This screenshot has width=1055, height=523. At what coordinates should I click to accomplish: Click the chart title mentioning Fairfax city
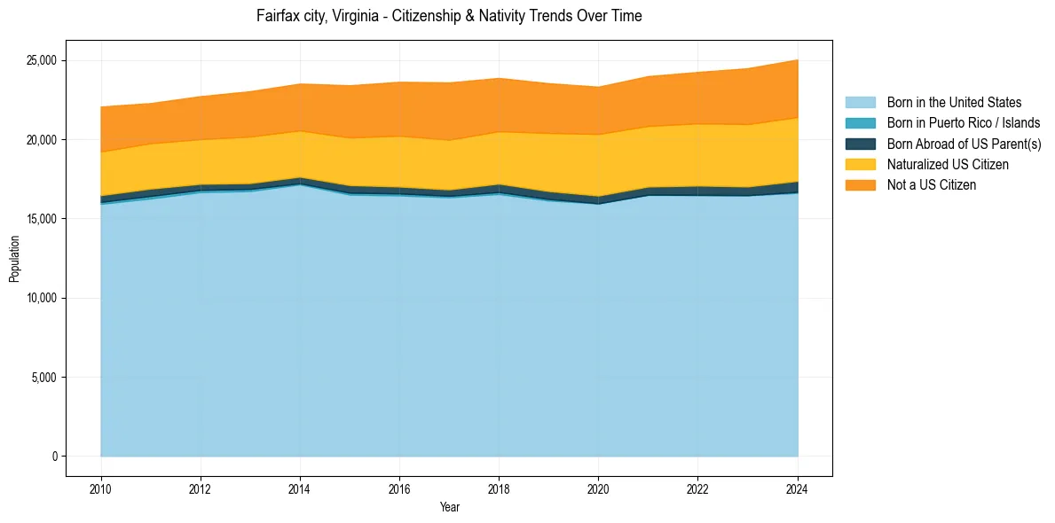pyautogui.click(x=449, y=16)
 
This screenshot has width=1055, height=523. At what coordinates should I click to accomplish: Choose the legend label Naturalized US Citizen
pyautogui.click(x=948, y=165)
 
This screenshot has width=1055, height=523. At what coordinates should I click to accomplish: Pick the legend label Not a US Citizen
pyautogui.click(x=932, y=185)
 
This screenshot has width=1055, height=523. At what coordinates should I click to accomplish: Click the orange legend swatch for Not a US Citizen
pyautogui.click(x=860, y=185)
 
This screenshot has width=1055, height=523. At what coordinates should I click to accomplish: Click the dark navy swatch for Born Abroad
pyautogui.click(x=860, y=144)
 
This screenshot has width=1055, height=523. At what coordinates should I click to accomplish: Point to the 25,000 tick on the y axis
pyautogui.click(x=42, y=60)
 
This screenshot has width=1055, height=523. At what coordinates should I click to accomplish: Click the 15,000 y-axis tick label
pyautogui.click(x=42, y=219)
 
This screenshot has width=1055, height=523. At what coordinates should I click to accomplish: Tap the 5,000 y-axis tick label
pyautogui.click(x=44, y=378)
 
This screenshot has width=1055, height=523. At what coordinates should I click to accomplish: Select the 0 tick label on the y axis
pyautogui.click(x=54, y=457)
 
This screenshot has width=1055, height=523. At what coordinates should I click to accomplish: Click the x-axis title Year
pyautogui.click(x=449, y=507)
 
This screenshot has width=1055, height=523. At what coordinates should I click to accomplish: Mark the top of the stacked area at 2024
pyautogui.click(x=798, y=59)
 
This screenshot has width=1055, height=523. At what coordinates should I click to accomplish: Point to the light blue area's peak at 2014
pyautogui.click(x=300, y=185)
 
